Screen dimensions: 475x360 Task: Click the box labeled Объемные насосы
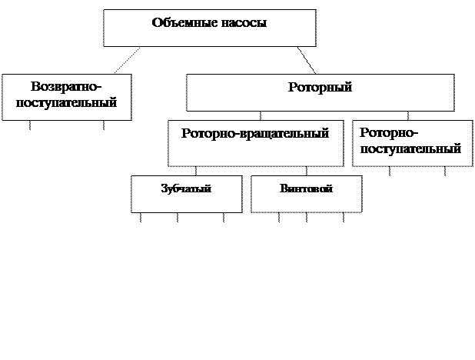click(x=209, y=28)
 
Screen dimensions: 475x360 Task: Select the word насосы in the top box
click(x=244, y=23)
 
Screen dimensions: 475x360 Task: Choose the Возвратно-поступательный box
click(x=66, y=97)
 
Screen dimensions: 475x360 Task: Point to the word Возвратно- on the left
click(x=67, y=88)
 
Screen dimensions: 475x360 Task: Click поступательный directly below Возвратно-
click(x=67, y=103)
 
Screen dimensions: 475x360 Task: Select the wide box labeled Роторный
click(x=320, y=93)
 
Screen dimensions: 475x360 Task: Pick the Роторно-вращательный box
click(x=255, y=142)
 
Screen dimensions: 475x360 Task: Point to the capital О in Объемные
click(x=158, y=23)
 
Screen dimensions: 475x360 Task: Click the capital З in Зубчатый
click(x=164, y=188)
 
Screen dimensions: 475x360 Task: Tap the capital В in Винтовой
click(x=284, y=188)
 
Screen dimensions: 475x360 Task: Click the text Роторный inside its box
click(x=320, y=88)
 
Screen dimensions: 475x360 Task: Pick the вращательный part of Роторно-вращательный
click(x=283, y=134)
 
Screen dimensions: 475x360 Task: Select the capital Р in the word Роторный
click(x=292, y=88)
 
